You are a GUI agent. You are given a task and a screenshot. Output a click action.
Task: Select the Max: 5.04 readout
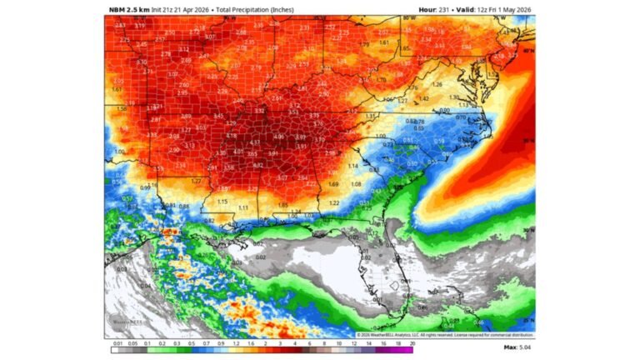click(519, 346)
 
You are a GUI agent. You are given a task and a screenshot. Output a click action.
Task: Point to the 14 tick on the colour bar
click(366, 342)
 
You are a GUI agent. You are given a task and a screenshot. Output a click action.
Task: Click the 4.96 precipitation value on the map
click(279, 137)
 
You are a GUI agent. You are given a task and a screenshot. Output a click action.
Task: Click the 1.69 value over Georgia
click(333, 184)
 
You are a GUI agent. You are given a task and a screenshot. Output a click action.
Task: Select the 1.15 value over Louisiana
click(222, 201)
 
